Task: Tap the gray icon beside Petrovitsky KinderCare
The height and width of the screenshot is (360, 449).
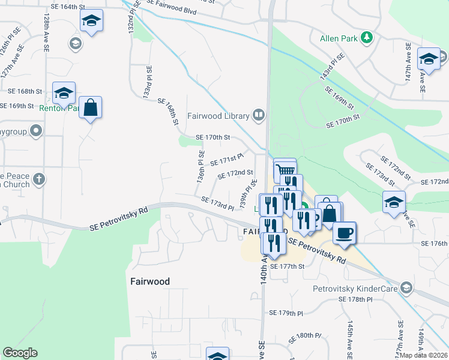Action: (407, 288)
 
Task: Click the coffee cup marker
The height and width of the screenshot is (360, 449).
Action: (344, 232)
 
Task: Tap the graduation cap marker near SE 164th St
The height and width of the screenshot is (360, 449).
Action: (91, 22)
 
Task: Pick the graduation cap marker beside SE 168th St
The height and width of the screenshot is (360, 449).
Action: (64, 93)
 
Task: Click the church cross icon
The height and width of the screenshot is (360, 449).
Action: (38, 178)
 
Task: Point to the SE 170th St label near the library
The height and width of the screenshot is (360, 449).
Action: (213, 137)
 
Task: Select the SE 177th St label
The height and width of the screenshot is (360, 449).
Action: (288, 266)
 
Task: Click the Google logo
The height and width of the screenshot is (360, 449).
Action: (20, 353)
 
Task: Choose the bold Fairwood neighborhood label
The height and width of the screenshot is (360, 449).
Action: (150, 281)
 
